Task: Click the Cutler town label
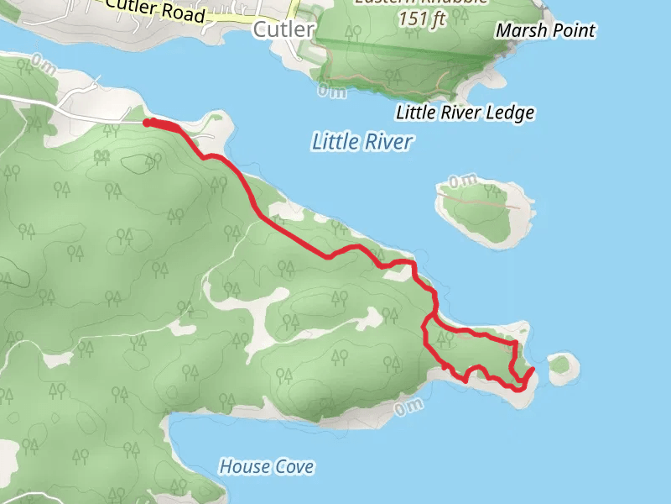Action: point(283,30)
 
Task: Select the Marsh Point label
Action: point(545,31)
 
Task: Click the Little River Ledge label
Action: point(465,113)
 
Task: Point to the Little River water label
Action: point(362,142)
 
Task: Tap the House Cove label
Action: point(267,466)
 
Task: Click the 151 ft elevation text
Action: point(423,18)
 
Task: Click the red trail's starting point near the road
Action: point(148,123)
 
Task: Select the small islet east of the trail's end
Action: point(563,366)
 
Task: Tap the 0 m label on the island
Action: point(462,180)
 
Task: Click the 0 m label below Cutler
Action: point(331,91)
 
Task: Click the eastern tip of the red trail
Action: point(533,370)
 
